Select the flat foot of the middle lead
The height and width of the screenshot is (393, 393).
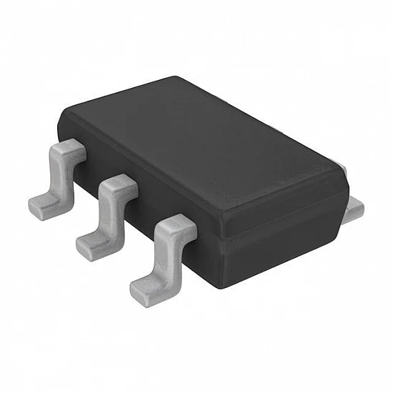click(93, 246)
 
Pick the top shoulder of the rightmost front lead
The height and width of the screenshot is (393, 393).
click(174, 228)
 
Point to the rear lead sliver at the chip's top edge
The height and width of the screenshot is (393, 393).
click(343, 170)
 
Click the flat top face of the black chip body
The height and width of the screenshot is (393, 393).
click(207, 143)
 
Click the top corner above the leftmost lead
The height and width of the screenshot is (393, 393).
click(66, 114)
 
